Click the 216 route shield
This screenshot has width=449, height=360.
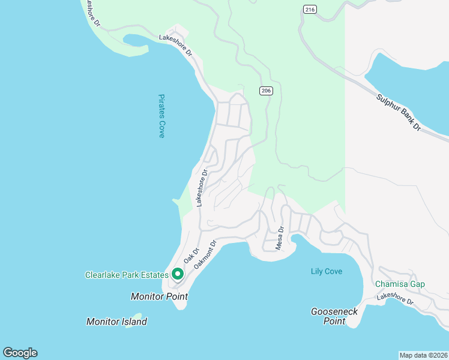point(309,10)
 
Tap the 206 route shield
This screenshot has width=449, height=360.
point(267,91)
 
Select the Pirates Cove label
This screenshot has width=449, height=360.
point(161,116)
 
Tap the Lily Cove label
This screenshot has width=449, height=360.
point(327,271)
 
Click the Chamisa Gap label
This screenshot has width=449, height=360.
point(400,284)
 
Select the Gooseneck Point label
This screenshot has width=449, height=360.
point(328,316)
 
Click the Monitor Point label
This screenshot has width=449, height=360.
point(159,296)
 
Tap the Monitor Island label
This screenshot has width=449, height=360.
point(116,322)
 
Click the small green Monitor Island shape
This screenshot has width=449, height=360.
point(137,316)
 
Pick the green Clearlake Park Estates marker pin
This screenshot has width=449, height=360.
point(177,274)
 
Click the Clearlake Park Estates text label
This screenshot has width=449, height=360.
point(127,275)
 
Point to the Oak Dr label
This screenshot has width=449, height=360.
point(191,257)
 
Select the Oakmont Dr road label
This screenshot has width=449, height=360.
point(205,254)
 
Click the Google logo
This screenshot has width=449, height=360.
point(20,353)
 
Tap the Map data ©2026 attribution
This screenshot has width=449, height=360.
point(423,355)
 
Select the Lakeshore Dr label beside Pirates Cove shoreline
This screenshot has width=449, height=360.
point(200,188)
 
